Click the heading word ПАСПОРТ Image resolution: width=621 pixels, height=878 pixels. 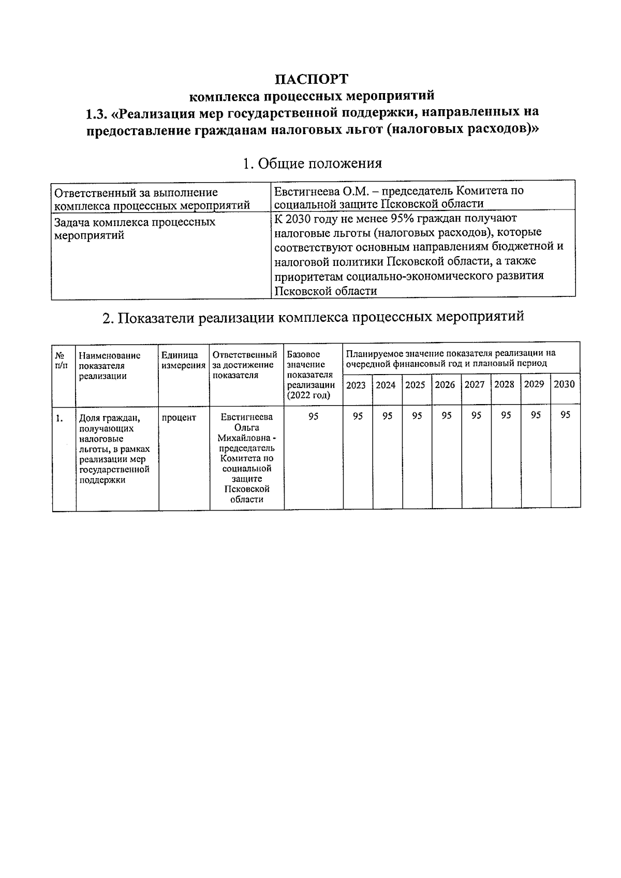(312, 79)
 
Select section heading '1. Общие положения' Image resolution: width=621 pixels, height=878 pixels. (312, 163)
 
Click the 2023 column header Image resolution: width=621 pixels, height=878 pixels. (356, 385)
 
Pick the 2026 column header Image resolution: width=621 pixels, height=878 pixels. (445, 385)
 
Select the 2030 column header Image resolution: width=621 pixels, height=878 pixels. (564, 384)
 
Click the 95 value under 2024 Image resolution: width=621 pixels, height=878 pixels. (387, 415)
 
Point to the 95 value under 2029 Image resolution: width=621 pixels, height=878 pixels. (536, 415)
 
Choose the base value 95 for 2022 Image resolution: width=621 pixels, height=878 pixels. (313, 416)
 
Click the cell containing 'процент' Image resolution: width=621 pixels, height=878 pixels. (179, 418)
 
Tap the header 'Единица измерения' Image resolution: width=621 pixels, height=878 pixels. (183, 360)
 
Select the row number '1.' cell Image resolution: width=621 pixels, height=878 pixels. (61, 418)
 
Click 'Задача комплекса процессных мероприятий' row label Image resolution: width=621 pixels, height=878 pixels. (135, 229)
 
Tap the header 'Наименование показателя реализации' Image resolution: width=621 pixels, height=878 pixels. (109, 365)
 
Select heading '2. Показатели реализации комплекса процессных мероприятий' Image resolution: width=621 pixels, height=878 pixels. (313, 316)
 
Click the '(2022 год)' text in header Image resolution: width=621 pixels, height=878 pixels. (308, 395)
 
